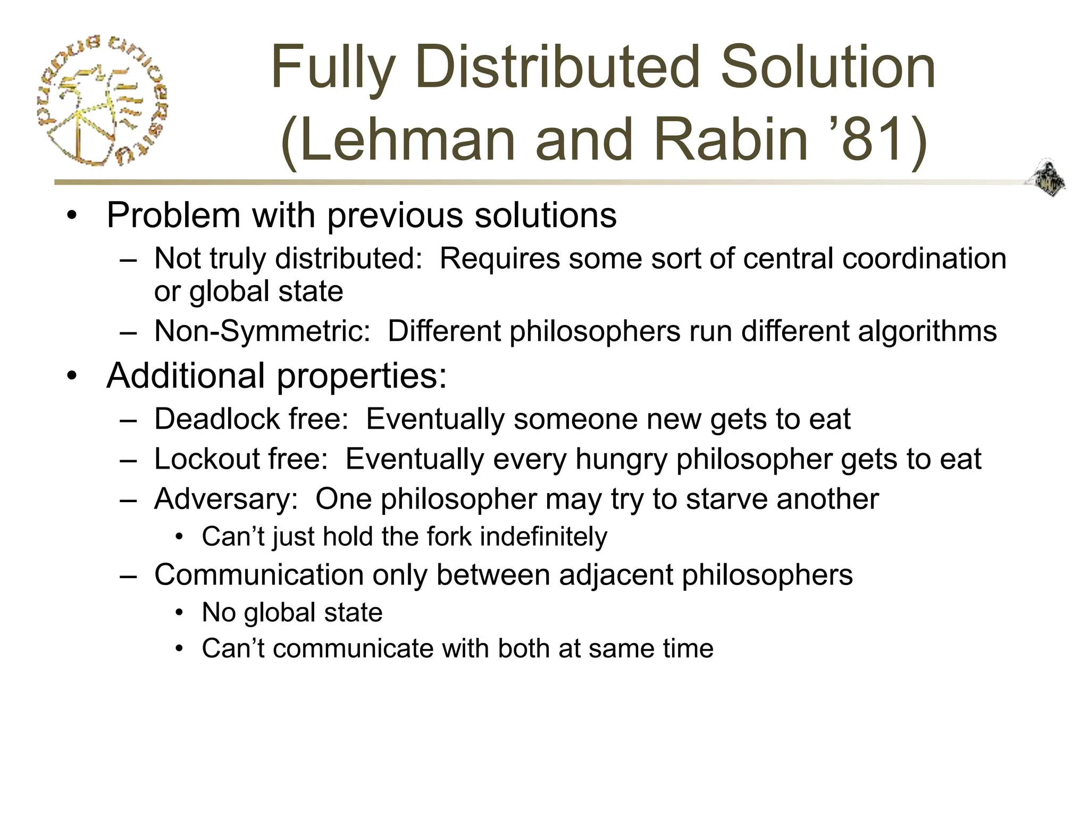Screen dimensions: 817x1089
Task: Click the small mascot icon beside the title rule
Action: [x=1046, y=178]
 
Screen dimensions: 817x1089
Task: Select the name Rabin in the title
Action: [x=730, y=140]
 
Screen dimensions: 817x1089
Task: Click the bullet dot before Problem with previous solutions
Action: [x=72, y=216]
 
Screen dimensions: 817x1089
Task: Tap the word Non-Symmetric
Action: [x=262, y=331]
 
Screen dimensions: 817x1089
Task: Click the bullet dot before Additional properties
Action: [x=72, y=376]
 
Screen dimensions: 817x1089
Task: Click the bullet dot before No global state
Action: [x=180, y=613]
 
